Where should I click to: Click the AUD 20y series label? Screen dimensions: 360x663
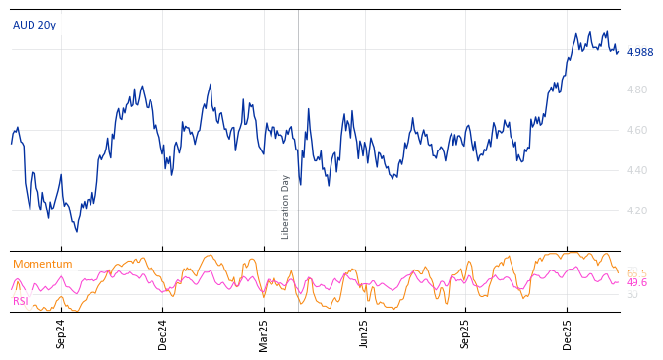pos(34,26)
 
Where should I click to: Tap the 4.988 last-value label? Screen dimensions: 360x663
pos(639,53)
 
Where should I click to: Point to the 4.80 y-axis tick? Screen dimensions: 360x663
pos(636,90)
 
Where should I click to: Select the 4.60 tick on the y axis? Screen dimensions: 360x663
pos(636,131)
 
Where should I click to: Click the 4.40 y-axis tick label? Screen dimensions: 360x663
pos(636,171)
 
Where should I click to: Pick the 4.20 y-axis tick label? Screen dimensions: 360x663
pos(636,211)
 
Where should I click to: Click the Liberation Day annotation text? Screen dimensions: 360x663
pos(286,207)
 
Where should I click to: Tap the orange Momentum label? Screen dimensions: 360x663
pos(42,265)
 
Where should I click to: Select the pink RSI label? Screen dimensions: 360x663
pos(21,301)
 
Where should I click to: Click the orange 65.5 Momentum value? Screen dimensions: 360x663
pos(636,273)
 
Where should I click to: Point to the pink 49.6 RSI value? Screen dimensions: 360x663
pos(636,283)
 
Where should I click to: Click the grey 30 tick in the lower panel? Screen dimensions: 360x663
pos(632,294)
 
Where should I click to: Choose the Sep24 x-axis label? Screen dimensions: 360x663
pos(61,334)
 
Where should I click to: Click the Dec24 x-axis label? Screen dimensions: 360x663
pos(163,334)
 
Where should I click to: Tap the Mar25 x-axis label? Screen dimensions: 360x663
pos(264,334)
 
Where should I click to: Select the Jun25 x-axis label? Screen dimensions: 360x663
pos(365,334)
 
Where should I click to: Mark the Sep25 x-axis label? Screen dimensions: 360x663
pos(466,334)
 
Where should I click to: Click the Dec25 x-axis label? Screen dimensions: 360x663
pos(568,334)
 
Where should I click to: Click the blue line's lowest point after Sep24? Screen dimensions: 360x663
pos(77,231)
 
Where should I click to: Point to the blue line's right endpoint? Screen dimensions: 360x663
pos(618,52)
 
